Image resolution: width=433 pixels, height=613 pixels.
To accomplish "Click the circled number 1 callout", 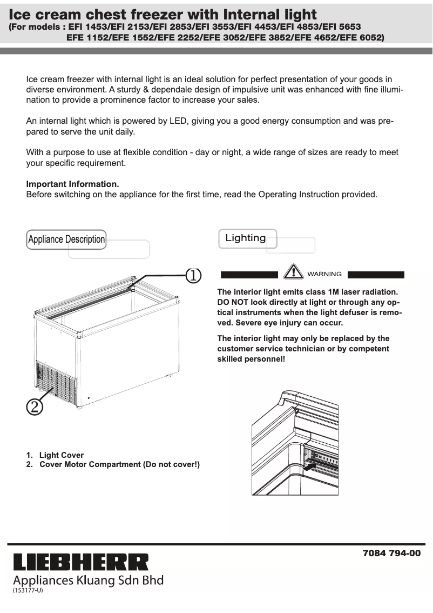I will [193, 275].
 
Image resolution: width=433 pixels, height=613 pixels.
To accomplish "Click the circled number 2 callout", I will [34, 407].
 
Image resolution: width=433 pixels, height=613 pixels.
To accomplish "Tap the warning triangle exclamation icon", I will [293, 271].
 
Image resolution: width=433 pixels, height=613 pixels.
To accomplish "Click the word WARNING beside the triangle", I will [324, 274].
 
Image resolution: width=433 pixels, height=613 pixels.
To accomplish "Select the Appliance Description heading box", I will [66, 239].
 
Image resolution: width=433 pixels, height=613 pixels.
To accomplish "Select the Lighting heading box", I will [247, 238].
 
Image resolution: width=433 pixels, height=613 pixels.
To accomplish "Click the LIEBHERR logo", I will [80, 562].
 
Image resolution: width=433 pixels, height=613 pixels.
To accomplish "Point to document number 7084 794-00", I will [391, 554].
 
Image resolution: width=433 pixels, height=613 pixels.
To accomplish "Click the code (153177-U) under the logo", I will [28, 590].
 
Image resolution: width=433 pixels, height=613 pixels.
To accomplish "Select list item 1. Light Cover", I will [55, 455].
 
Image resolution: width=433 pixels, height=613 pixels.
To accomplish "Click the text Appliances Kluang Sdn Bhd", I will [88, 581].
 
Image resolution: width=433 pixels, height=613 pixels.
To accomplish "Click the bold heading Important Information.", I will [73, 184].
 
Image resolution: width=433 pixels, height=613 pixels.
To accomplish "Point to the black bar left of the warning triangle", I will [249, 275].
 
